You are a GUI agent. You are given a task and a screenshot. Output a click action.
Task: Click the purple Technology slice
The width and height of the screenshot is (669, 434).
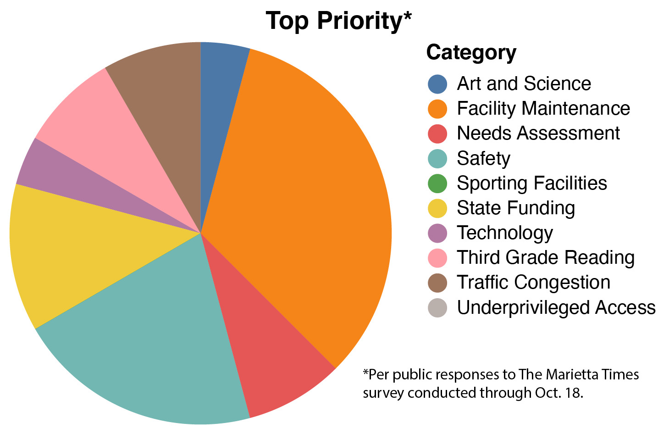pyautogui.click(x=89, y=185)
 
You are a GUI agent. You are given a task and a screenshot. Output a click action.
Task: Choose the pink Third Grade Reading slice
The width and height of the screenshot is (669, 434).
pyautogui.click(x=120, y=144)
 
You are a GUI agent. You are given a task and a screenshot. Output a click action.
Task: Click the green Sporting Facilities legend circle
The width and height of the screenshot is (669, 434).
pyautogui.click(x=437, y=183)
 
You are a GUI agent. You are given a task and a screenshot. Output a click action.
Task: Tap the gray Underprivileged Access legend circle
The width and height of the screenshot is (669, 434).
pyautogui.click(x=437, y=307)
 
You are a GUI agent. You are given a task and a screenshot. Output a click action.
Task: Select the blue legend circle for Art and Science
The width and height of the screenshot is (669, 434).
pyautogui.click(x=437, y=83)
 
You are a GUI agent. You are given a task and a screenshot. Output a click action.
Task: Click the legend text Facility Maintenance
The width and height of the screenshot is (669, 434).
pyautogui.click(x=543, y=108)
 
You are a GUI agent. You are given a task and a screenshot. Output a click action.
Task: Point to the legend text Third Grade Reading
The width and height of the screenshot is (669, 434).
pyautogui.click(x=546, y=257)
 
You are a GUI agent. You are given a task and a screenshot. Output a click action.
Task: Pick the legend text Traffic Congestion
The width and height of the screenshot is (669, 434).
pyautogui.click(x=534, y=283)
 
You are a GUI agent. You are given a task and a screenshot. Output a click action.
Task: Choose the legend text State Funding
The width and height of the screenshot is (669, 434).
pyautogui.click(x=516, y=208)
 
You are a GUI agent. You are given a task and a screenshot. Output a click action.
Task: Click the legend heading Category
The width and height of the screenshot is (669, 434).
pyautogui.click(x=471, y=53)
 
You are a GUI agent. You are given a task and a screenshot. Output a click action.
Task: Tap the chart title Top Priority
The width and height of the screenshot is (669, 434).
pyautogui.click(x=339, y=21)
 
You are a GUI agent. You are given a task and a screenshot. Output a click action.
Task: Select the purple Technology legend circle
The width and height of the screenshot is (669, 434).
pyautogui.click(x=437, y=233)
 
